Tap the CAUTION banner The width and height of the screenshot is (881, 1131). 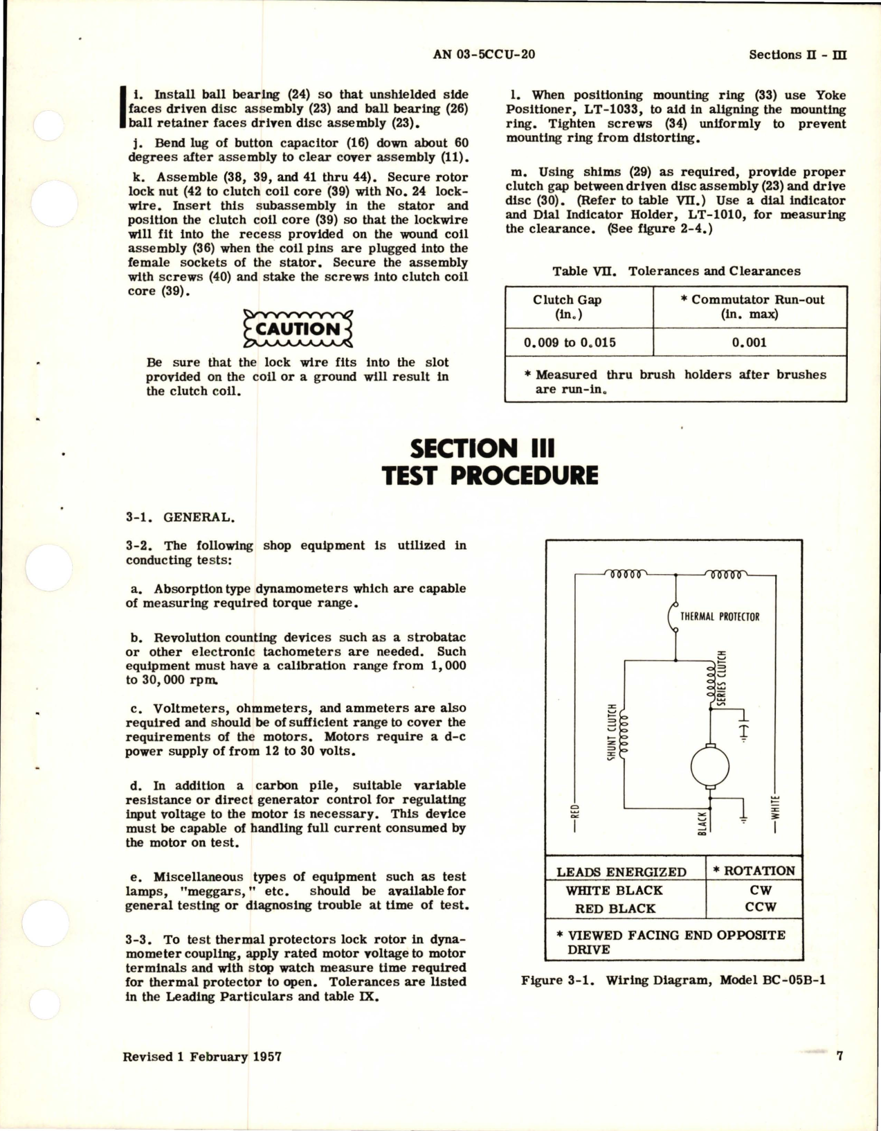pos(298,329)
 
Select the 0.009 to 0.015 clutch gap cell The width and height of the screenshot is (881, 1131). pos(570,342)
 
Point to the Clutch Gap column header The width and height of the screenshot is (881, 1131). pos(567,306)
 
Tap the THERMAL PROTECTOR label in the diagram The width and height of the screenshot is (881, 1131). pos(719,616)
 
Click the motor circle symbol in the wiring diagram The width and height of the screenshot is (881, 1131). pos(709,765)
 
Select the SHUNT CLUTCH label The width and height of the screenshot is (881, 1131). pos(612,733)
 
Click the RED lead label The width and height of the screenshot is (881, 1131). pos(574,821)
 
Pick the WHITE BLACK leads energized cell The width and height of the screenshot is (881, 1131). pos(614,890)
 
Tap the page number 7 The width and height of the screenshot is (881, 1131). pos(839,1056)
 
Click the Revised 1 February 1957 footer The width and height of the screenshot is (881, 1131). pos(202,1057)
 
